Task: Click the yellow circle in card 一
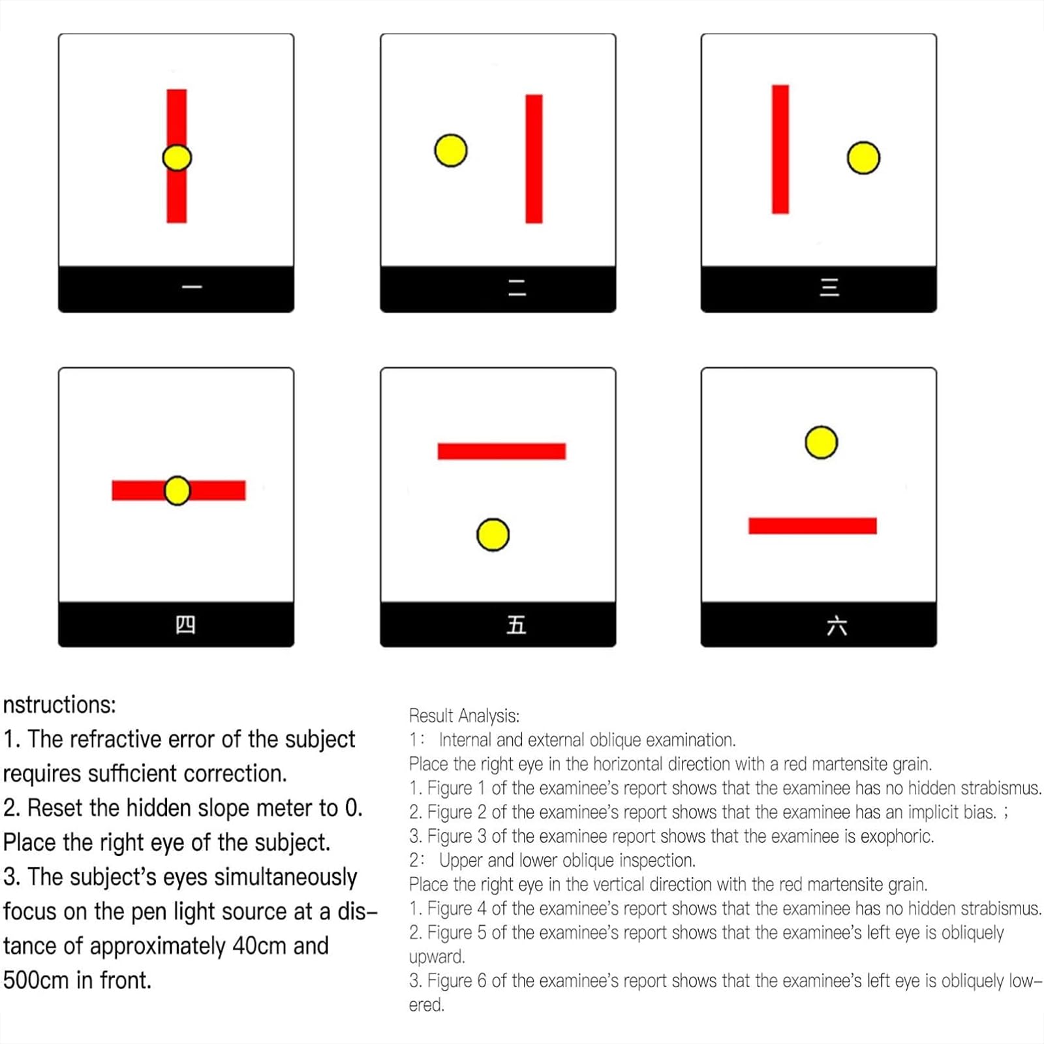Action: [x=177, y=158]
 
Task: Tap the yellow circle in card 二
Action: [x=451, y=151]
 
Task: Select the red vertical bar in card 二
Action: [x=534, y=159]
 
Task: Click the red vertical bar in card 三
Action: [x=780, y=149]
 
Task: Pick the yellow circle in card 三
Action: [x=863, y=158]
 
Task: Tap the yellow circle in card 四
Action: [x=177, y=491]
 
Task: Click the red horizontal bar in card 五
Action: [x=501, y=451]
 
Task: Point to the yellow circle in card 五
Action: [x=493, y=535]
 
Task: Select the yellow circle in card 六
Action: [x=821, y=442]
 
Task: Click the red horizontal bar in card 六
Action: [x=812, y=525]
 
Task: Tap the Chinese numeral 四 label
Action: [x=185, y=625]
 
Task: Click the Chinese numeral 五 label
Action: [x=516, y=625]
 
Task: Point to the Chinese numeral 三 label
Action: [x=829, y=287]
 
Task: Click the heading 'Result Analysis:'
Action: [x=464, y=716]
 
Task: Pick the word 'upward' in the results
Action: [x=437, y=957]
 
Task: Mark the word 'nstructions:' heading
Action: [x=59, y=705]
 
